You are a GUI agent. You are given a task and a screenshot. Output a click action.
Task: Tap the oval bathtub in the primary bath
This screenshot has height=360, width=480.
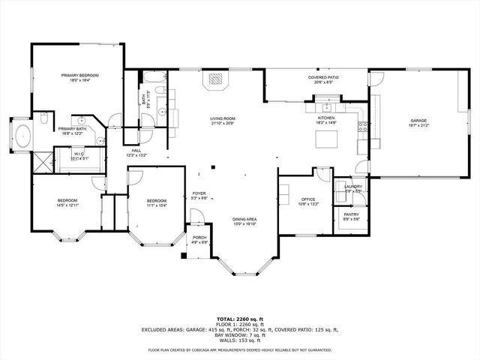point(23,137)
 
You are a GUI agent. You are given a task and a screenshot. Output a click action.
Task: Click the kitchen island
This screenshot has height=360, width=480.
point(325,139)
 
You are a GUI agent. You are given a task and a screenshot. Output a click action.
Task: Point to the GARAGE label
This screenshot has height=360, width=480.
point(418,121)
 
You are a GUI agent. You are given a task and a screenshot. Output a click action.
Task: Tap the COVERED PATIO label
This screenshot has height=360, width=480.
point(323,77)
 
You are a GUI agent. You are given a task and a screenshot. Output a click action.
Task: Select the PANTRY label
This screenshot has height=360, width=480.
point(351,214)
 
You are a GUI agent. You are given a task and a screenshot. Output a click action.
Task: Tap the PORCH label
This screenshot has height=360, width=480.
point(199,237)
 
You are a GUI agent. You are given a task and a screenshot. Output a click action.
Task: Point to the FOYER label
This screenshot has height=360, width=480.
point(199,193)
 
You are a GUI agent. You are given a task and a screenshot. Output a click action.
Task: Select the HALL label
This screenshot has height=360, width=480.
point(136,151)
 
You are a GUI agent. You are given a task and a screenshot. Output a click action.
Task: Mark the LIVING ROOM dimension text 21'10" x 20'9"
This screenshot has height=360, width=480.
point(223,123)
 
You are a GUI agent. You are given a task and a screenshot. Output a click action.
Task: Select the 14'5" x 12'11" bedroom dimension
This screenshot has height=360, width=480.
point(67,205)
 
